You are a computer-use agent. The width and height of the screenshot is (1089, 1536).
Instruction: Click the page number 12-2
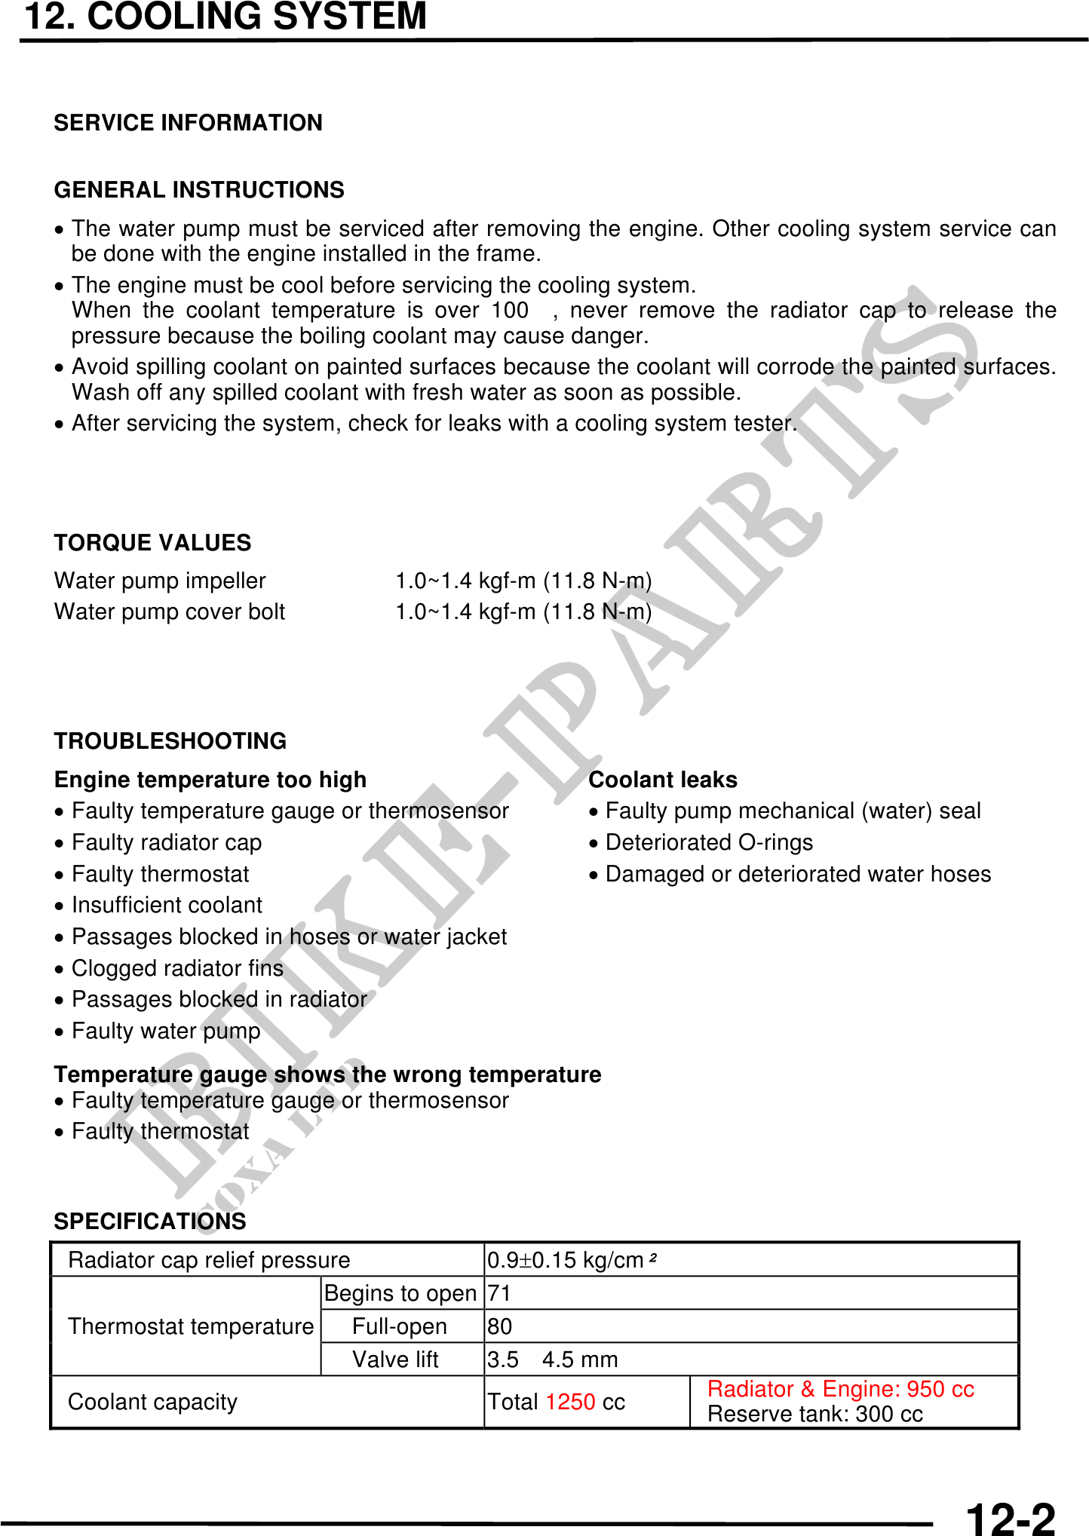1010,1518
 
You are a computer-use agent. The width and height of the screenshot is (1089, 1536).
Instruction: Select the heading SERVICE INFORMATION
188,123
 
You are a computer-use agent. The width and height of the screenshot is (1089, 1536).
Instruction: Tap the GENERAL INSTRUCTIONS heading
199,190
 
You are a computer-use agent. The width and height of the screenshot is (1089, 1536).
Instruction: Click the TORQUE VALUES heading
152,543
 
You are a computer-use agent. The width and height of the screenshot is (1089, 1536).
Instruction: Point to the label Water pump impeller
160,581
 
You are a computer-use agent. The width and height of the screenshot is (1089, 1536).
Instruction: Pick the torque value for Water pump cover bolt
523,612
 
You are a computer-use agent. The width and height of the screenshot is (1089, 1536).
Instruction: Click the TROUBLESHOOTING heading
170,741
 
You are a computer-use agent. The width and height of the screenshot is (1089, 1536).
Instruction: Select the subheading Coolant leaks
663,780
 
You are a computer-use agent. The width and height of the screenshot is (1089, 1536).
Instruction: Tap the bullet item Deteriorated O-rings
709,842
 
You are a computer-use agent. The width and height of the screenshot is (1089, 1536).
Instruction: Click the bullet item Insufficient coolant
167,905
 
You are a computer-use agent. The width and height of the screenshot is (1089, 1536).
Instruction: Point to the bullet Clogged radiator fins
177,968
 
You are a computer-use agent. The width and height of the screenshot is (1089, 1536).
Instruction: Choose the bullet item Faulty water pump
166,1031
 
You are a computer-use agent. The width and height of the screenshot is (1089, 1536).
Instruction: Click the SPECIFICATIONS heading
150,1222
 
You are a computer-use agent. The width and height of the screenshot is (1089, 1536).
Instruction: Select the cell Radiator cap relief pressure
209,1260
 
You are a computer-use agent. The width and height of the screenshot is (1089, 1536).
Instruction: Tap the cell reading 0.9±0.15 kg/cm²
572,1260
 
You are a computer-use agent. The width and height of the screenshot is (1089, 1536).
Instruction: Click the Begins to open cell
400,1293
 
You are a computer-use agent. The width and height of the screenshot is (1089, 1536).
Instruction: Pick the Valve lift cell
395,1360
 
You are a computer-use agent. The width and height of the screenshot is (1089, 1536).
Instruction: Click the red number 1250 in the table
570,1402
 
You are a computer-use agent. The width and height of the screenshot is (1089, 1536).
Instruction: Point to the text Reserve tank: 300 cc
814,1414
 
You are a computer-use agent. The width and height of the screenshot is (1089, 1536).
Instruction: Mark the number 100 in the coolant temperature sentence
510,311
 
